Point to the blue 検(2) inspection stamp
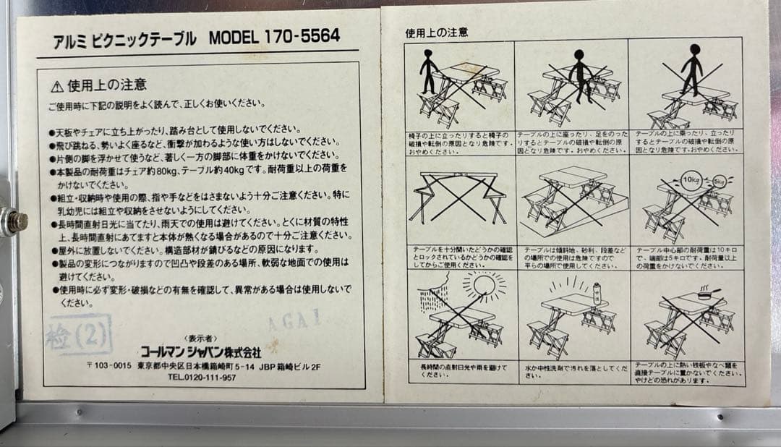(x=79, y=336)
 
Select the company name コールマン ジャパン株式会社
(x=200, y=352)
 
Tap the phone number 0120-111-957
(x=210, y=377)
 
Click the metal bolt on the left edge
(x=14, y=221)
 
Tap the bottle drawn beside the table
(x=597, y=293)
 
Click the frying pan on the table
(x=706, y=294)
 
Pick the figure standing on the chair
(x=429, y=71)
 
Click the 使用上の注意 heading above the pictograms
(x=436, y=33)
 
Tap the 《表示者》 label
(x=200, y=339)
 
